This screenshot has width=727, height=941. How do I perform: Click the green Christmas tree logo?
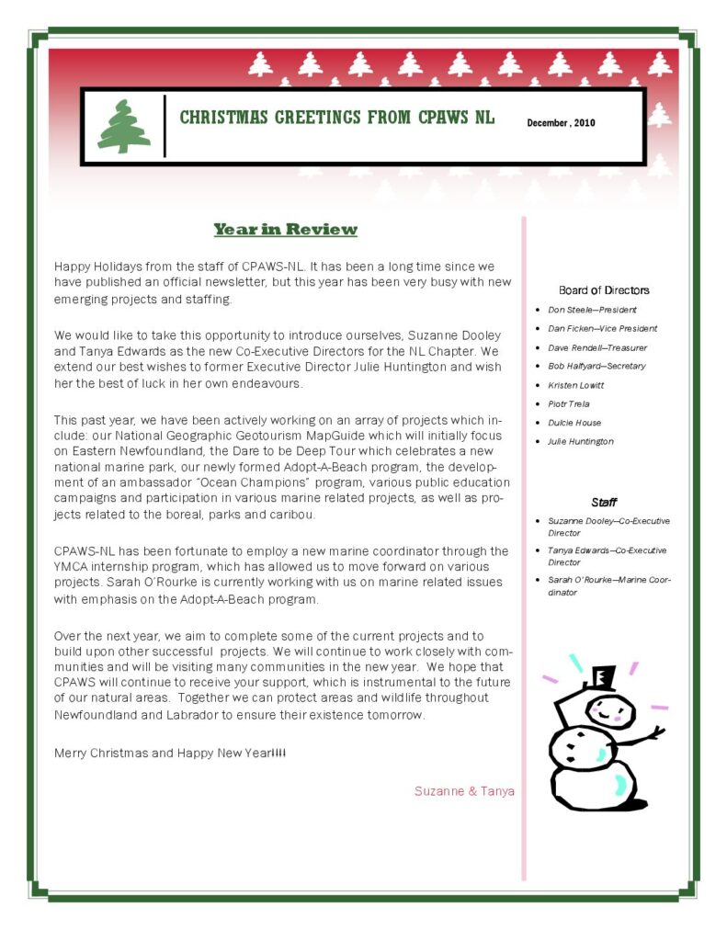click(124, 127)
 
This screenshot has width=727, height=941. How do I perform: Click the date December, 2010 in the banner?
click(561, 122)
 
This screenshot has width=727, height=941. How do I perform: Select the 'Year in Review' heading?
click(285, 229)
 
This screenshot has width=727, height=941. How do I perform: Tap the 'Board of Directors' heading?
click(604, 290)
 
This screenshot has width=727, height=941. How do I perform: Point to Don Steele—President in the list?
click(592, 310)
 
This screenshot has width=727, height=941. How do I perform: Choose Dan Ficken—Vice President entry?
click(602, 328)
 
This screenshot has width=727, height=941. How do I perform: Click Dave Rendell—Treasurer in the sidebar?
click(596, 347)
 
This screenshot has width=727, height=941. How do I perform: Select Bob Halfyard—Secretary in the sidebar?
click(596, 366)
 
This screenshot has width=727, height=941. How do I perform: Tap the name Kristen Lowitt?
click(575, 385)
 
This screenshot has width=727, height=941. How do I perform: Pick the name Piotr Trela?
click(568, 403)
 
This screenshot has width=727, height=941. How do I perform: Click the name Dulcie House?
click(574, 423)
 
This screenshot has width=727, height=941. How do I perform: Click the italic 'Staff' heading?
click(604, 503)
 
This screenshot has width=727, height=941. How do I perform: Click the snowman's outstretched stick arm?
click(641, 736)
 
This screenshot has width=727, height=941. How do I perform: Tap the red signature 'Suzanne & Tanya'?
click(464, 790)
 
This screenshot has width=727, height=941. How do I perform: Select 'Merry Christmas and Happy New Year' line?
click(170, 753)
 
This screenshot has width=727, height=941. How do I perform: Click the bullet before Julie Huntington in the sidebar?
click(538, 442)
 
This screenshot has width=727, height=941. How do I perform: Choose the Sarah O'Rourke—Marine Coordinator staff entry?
click(608, 585)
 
